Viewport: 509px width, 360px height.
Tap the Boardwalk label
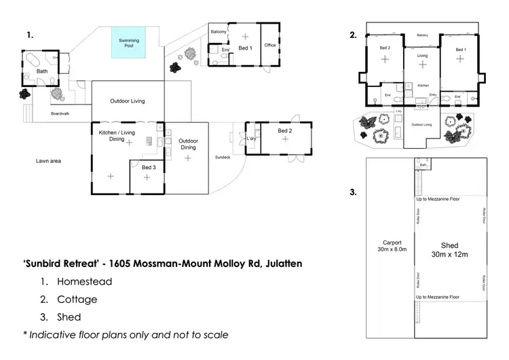(60, 114)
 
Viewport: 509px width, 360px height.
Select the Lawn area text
(49, 161)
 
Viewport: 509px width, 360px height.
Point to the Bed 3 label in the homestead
(148, 167)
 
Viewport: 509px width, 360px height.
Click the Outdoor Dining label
(188, 144)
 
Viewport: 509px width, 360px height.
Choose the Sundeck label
(223, 156)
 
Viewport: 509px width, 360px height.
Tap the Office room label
(269, 46)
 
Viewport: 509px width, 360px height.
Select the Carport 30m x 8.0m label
(392, 246)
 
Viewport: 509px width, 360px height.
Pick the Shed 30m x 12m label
(449, 249)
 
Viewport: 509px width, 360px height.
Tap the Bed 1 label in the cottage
(461, 50)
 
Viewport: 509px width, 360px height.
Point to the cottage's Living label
(422, 56)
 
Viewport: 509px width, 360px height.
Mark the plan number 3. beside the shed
(353, 193)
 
